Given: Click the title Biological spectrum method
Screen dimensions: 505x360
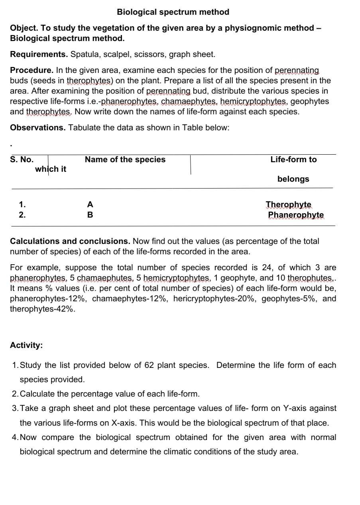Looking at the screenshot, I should pyautogui.click(x=173, y=12).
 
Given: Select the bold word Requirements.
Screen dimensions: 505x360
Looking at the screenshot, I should pyautogui.click(x=39, y=54).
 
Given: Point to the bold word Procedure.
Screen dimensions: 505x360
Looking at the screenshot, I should pyautogui.click(x=31, y=70).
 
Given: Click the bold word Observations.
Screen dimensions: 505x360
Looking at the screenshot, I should pyautogui.click(x=38, y=128).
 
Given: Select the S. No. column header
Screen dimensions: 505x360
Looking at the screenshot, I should pyautogui.click(x=22, y=159).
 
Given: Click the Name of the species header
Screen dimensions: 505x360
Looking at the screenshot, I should pyautogui.click(x=125, y=159).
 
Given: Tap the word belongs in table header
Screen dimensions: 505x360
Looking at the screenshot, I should pyautogui.click(x=293, y=179).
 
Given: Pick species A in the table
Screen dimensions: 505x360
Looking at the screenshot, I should pyautogui.click(x=90, y=204).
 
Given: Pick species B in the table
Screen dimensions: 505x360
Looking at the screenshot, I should pyautogui.click(x=90, y=215).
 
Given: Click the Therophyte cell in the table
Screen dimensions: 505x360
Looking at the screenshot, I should pyautogui.click(x=289, y=204).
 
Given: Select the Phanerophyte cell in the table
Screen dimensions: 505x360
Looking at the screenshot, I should pyautogui.click(x=296, y=215).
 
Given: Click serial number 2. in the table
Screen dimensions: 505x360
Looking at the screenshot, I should pyautogui.click(x=22, y=215).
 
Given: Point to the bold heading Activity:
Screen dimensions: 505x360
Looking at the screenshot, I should pyautogui.click(x=26, y=345).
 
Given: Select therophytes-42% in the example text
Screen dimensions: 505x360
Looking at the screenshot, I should pyautogui.click(x=42, y=309).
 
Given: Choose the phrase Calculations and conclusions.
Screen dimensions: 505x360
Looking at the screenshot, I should pyautogui.click(x=70, y=241).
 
